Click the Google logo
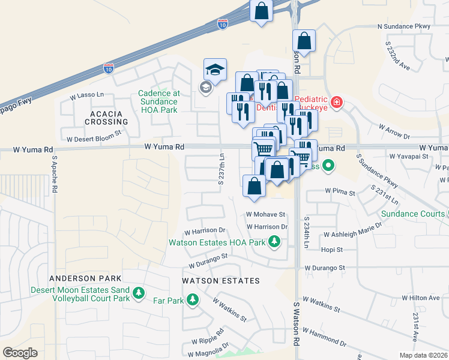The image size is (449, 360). pyautogui.click(x=20, y=353)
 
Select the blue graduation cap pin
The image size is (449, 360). pyautogui.click(x=215, y=70)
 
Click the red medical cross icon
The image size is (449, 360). pyautogui.click(x=337, y=102)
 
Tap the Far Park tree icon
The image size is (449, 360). pyautogui.click(x=193, y=299)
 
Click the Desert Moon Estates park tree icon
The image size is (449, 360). pyautogui.click(x=139, y=293)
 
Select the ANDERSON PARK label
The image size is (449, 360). pyautogui.click(x=85, y=278)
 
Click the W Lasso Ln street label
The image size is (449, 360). pyautogui.click(x=87, y=95)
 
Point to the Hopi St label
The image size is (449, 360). pyautogui.click(x=331, y=249)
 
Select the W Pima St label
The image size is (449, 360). pyautogui.click(x=340, y=191)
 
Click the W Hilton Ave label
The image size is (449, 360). pyautogui.click(x=421, y=298)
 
